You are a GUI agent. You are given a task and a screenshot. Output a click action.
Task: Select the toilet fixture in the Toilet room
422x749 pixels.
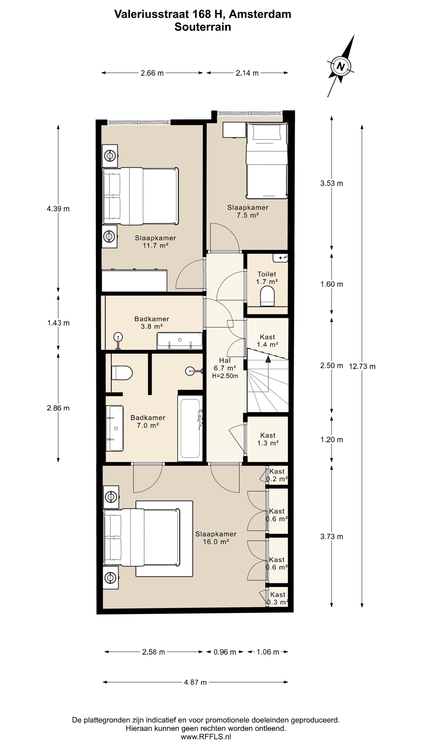pos(267,296)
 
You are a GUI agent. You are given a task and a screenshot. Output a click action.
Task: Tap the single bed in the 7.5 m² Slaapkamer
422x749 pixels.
pos(267,161)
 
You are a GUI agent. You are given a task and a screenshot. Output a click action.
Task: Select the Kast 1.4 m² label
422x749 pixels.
pos(267,341)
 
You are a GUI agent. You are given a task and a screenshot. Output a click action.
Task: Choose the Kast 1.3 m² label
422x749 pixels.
pos(268,439)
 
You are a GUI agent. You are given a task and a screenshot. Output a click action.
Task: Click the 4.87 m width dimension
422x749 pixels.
pos(195,682)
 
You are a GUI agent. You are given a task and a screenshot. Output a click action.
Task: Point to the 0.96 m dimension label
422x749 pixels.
pos(224,652)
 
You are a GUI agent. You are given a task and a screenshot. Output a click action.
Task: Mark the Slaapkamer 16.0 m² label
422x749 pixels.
pos(216,538)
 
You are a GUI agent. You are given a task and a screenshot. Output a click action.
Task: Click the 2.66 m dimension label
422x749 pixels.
pos(152,73)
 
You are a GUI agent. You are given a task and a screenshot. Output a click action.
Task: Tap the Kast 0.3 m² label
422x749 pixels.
pos(278,598)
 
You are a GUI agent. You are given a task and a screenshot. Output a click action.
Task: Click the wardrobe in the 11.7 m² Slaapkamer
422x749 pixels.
pos(134,280)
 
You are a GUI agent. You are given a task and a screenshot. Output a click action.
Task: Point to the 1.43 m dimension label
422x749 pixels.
pos(58,323)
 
